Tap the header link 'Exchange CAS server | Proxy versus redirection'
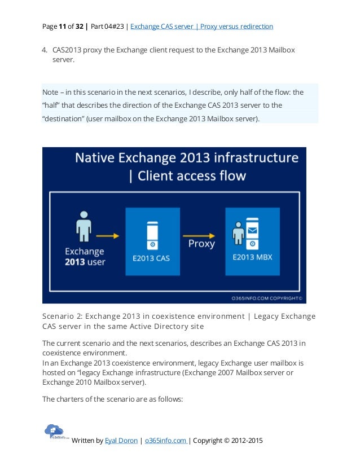click(201, 27)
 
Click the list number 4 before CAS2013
click(45, 50)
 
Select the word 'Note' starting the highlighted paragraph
click(50, 91)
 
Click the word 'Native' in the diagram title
click(102, 157)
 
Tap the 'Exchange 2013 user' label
click(84, 256)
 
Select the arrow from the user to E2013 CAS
click(108, 235)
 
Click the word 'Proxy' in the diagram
click(201, 244)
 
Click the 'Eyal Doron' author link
click(121, 440)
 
